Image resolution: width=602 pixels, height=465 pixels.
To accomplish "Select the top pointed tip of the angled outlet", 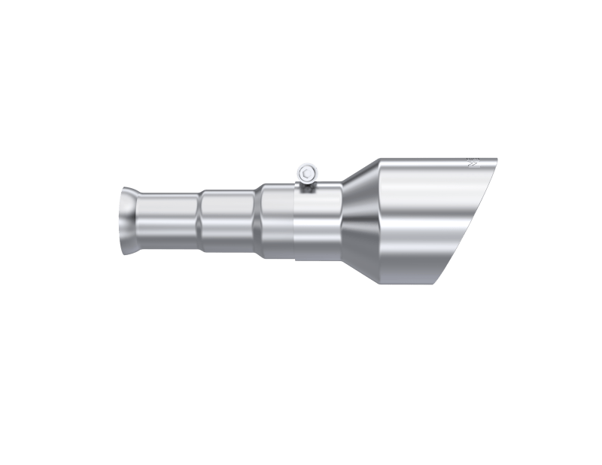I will pyautogui.click(x=497, y=159).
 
